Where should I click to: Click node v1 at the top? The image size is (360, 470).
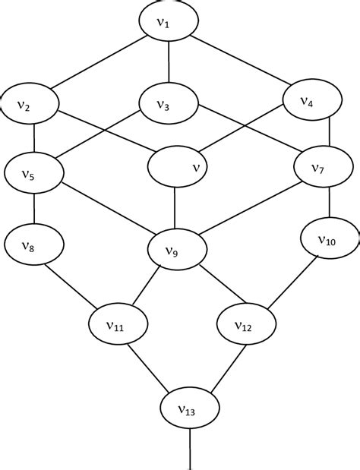point(169,23)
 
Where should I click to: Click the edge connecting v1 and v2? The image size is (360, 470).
point(99,64)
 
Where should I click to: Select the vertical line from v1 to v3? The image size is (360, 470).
point(168,65)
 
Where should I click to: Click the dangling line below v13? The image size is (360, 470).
point(189,452)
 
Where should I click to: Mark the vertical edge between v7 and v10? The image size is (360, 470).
point(328,203)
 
